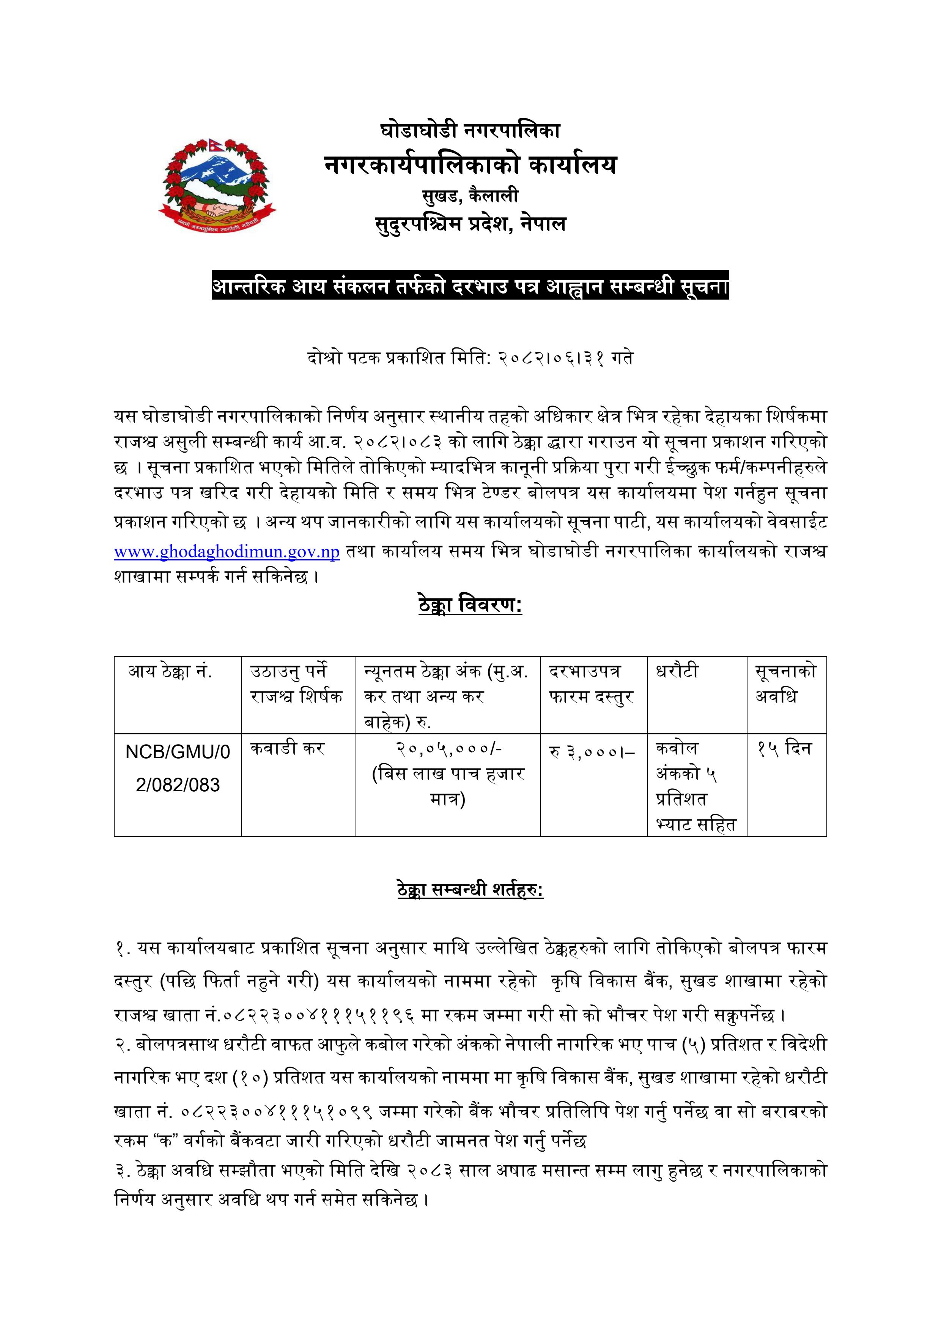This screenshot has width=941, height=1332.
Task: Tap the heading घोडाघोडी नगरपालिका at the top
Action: coord(470,130)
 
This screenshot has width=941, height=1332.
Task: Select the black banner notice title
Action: coord(470,286)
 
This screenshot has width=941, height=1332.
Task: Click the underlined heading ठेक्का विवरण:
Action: coord(470,605)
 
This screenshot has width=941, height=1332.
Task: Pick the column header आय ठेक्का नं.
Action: coord(170,672)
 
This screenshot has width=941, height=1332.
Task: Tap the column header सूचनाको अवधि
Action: coord(785,683)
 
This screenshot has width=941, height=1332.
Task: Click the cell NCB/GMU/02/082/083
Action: coord(178,768)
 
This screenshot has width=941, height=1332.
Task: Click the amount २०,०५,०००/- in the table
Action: coord(448,748)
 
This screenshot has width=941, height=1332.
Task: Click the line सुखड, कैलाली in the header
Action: coord(470,196)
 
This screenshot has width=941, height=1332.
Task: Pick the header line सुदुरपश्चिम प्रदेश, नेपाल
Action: coord(470,223)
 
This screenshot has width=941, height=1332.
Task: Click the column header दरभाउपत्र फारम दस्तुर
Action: coord(592,683)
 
